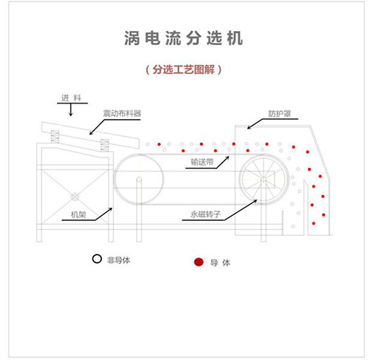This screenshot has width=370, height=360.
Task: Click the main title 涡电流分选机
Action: (184, 38)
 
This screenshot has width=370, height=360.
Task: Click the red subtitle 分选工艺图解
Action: (184, 69)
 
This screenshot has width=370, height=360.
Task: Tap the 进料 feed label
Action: (71, 98)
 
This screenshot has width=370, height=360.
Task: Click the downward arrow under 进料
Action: (71, 109)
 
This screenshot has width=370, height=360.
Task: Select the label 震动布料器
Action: (122, 114)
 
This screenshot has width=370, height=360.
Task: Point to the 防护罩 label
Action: (280, 114)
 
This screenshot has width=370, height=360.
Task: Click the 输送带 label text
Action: (202, 162)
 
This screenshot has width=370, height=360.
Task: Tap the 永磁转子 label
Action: (205, 214)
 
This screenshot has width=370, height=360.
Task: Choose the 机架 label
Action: (78, 215)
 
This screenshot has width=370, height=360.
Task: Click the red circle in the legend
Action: (198, 262)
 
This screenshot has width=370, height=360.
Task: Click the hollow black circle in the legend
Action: (97, 259)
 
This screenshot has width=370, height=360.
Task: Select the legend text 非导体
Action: (118, 260)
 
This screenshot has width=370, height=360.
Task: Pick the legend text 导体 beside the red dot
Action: (220, 262)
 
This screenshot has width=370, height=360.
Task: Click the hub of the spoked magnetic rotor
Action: (263, 180)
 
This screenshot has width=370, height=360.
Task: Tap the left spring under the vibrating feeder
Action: (55, 137)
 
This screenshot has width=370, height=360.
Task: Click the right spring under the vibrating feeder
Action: (104, 146)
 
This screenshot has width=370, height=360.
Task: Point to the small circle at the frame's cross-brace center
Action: (75, 197)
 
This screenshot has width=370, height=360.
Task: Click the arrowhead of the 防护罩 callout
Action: (249, 128)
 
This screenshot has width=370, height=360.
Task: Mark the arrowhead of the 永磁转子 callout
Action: (255, 200)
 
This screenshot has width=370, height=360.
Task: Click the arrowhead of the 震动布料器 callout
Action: (91, 133)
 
